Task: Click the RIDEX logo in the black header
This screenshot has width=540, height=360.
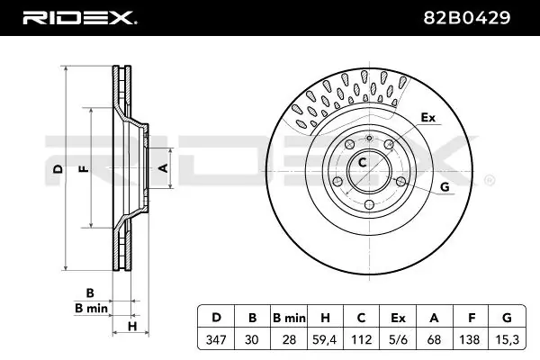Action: (x=80, y=18)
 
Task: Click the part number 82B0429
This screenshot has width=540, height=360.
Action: (x=466, y=18)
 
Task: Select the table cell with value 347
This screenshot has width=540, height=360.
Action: (x=216, y=339)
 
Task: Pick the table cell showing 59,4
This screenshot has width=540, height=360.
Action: (x=324, y=339)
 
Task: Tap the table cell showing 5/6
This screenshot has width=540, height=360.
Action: (x=398, y=339)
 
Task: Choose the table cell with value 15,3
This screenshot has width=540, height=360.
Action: (x=508, y=339)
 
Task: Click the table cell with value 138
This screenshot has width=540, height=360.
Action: (x=471, y=339)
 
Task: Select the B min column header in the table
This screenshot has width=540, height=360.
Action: (x=289, y=318)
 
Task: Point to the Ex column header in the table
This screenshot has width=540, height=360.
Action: (x=398, y=318)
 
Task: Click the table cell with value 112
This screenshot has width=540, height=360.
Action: (x=361, y=339)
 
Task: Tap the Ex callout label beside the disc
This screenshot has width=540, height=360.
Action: (x=428, y=118)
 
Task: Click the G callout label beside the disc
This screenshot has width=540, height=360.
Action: (x=445, y=187)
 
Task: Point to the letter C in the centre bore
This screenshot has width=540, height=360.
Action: (x=362, y=162)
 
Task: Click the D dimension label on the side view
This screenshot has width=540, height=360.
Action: (x=58, y=169)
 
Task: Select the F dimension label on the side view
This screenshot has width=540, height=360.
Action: (x=84, y=169)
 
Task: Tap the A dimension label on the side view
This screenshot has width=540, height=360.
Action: (x=163, y=168)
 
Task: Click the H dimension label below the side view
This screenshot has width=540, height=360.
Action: (x=132, y=326)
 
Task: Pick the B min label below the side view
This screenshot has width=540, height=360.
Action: (x=91, y=308)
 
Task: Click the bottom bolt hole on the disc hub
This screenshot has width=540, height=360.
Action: (x=369, y=204)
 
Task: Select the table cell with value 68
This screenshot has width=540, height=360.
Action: (x=435, y=339)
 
